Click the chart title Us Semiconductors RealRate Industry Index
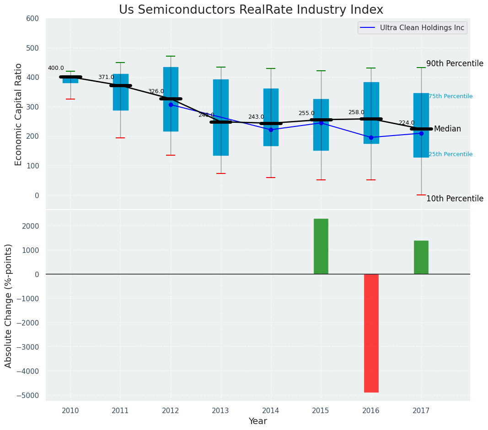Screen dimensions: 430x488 click(x=251, y=10)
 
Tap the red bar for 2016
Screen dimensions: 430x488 click(x=371, y=333)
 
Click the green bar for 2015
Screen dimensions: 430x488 click(x=321, y=246)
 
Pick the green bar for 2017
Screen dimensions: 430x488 click(x=421, y=257)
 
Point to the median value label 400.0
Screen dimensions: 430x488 click(x=56, y=68)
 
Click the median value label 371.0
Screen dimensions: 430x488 click(x=106, y=77)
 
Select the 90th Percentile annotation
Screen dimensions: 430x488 click(x=455, y=63)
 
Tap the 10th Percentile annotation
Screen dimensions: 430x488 click(x=455, y=199)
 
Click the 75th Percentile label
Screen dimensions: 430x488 click(x=450, y=96)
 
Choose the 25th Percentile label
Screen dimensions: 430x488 click(x=450, y=154)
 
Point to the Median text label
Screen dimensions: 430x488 click(x=447, y=129)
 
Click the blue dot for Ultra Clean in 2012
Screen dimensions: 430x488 click(x=171, y=105)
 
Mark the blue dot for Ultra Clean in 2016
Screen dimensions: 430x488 click(x=371, y=137)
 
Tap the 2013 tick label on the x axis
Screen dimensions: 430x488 click(x=220, y=410)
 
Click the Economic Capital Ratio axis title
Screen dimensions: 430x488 click(x=19, y=114)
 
